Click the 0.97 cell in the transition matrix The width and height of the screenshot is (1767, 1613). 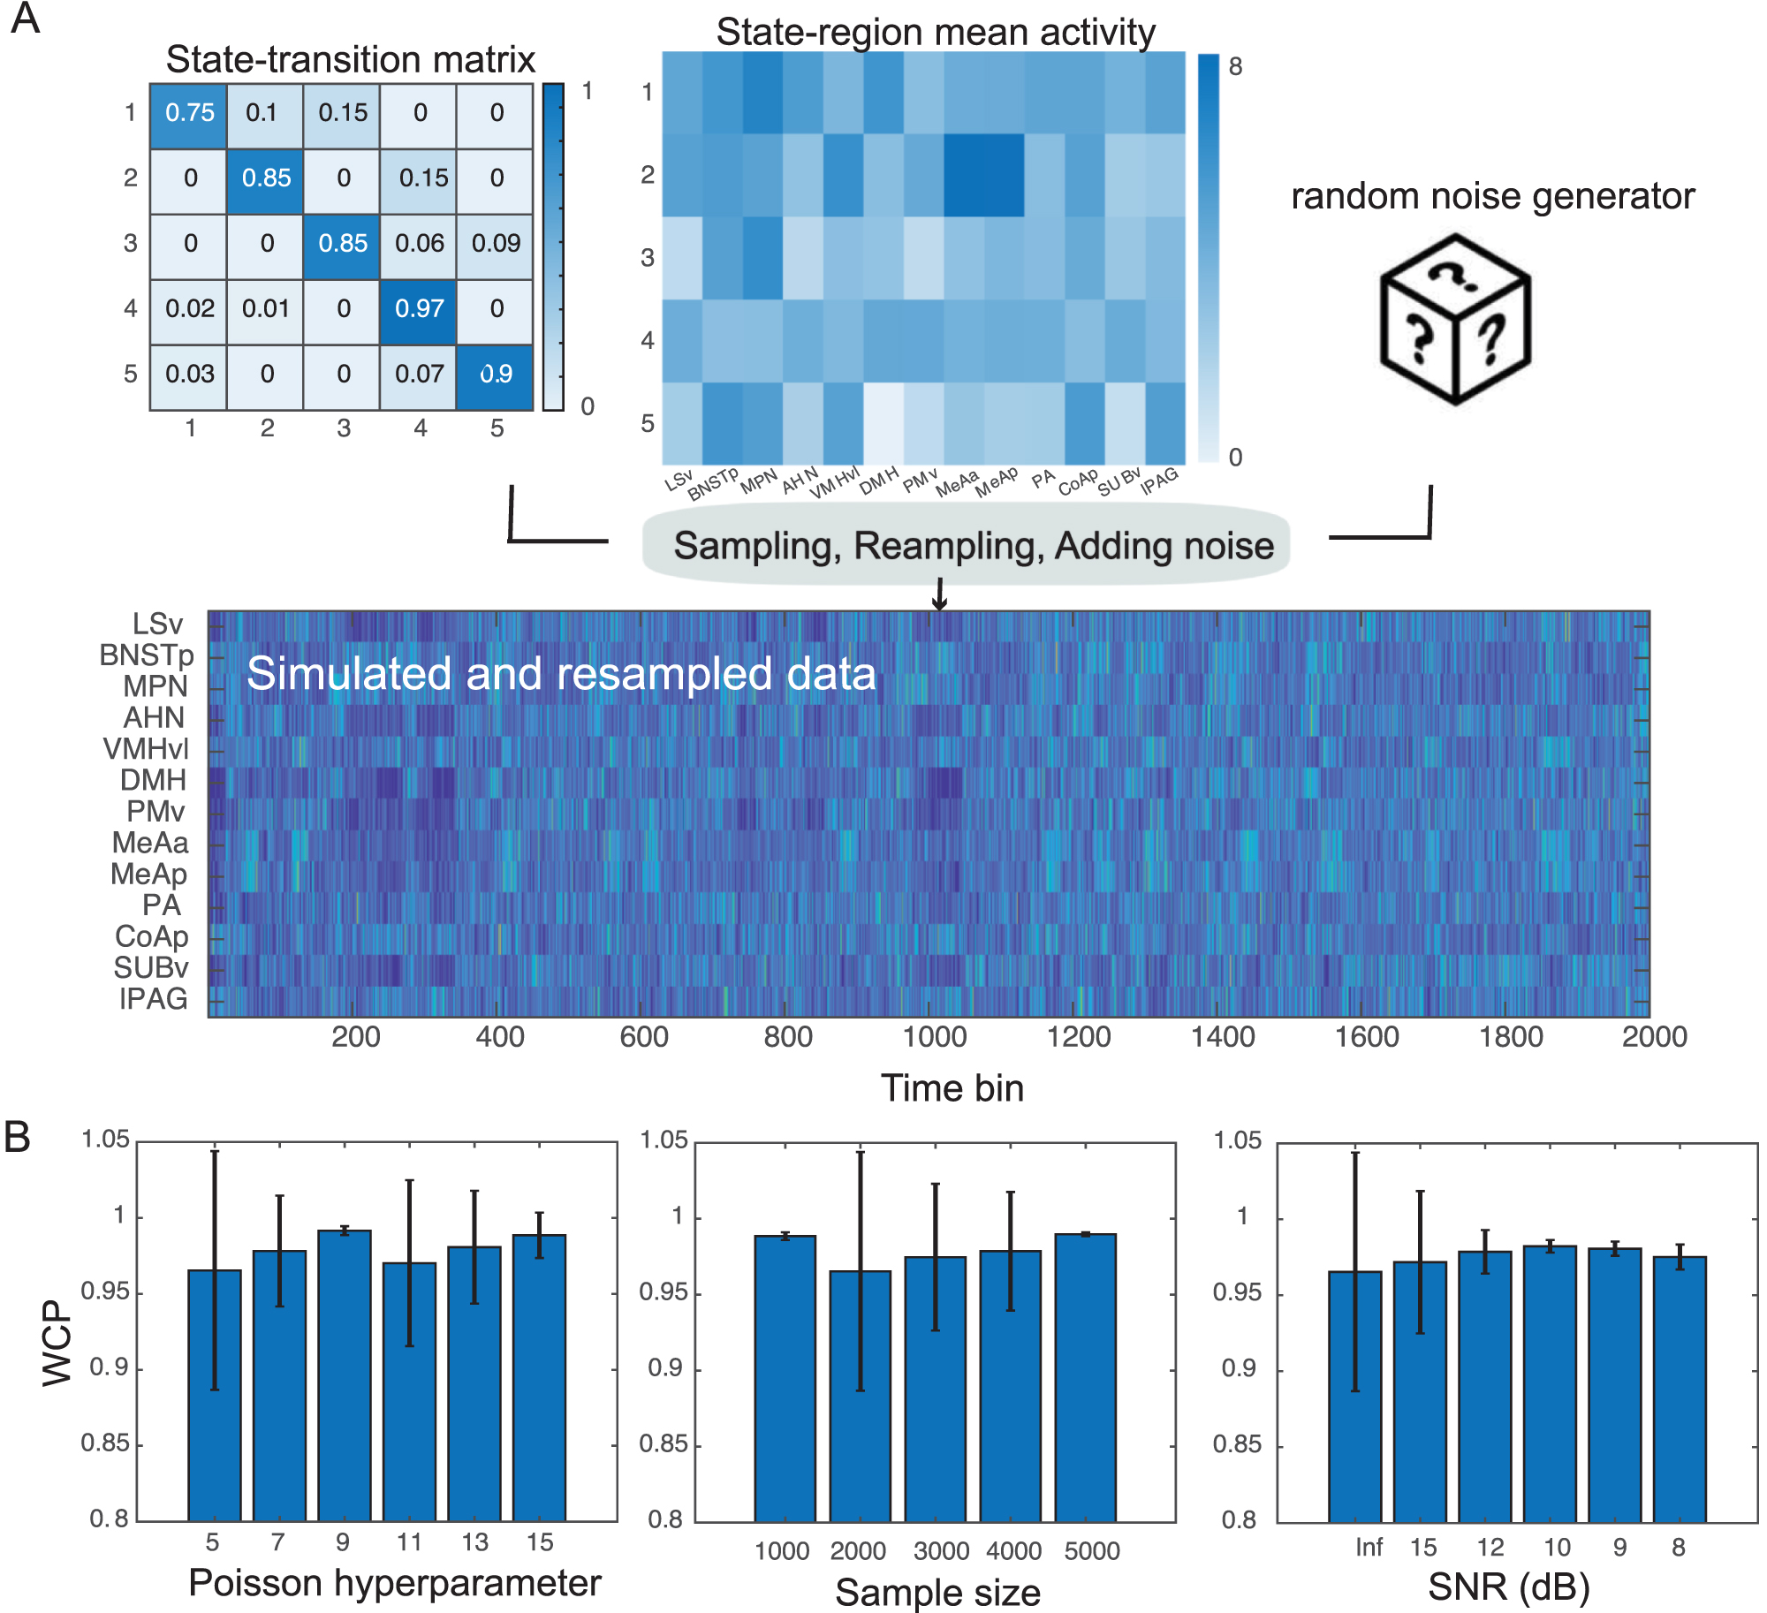pyautogui.click(x=419, y=309)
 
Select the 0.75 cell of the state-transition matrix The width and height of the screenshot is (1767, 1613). pyautogui.click(x=189, y=113)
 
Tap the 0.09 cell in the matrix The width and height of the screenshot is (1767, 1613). pyautogui.click(x=496, y=244)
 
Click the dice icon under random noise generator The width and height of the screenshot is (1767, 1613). pyautogui.click(x=1455, y=319)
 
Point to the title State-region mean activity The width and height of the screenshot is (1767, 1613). pyautogui.click(x=935, y=32)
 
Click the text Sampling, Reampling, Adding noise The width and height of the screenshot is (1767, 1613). pyautogui.click(x=973, y=546)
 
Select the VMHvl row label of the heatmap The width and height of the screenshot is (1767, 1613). pyautogui.click(x=146, y=749)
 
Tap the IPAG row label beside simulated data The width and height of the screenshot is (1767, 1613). pyautogui.click(x=154, y=999)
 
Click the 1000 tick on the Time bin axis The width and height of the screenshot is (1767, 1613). pyautogui.click(x=934, y=1036)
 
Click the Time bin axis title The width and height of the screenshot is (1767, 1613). pyautogui.click(x=952, y=1088)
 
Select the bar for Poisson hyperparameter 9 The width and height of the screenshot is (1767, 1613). pyautogui.click(x=345, y=1374)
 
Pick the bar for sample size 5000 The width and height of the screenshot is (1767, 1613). pyautogui.click(x=1085, y=1376)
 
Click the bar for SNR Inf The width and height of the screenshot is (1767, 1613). pyautogui.click(x=1354, y=1396)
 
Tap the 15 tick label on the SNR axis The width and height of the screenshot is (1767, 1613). pyautogui.click(x=1422, y=1548)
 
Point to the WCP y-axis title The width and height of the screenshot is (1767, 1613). pyautogui.click(x=57, y=1342)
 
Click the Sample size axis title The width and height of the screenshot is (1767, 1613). pyautogui.click(x=937, y=1593)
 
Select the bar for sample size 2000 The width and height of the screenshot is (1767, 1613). pyautogui.click(x=860, y=1396)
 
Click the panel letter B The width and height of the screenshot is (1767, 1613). pyautogui.click(x=18, y=1138)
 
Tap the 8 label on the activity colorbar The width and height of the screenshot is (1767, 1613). pyautogui.click(x=1235, y=67)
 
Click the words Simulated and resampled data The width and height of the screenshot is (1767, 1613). pyautogui.click(x=561, y=673)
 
